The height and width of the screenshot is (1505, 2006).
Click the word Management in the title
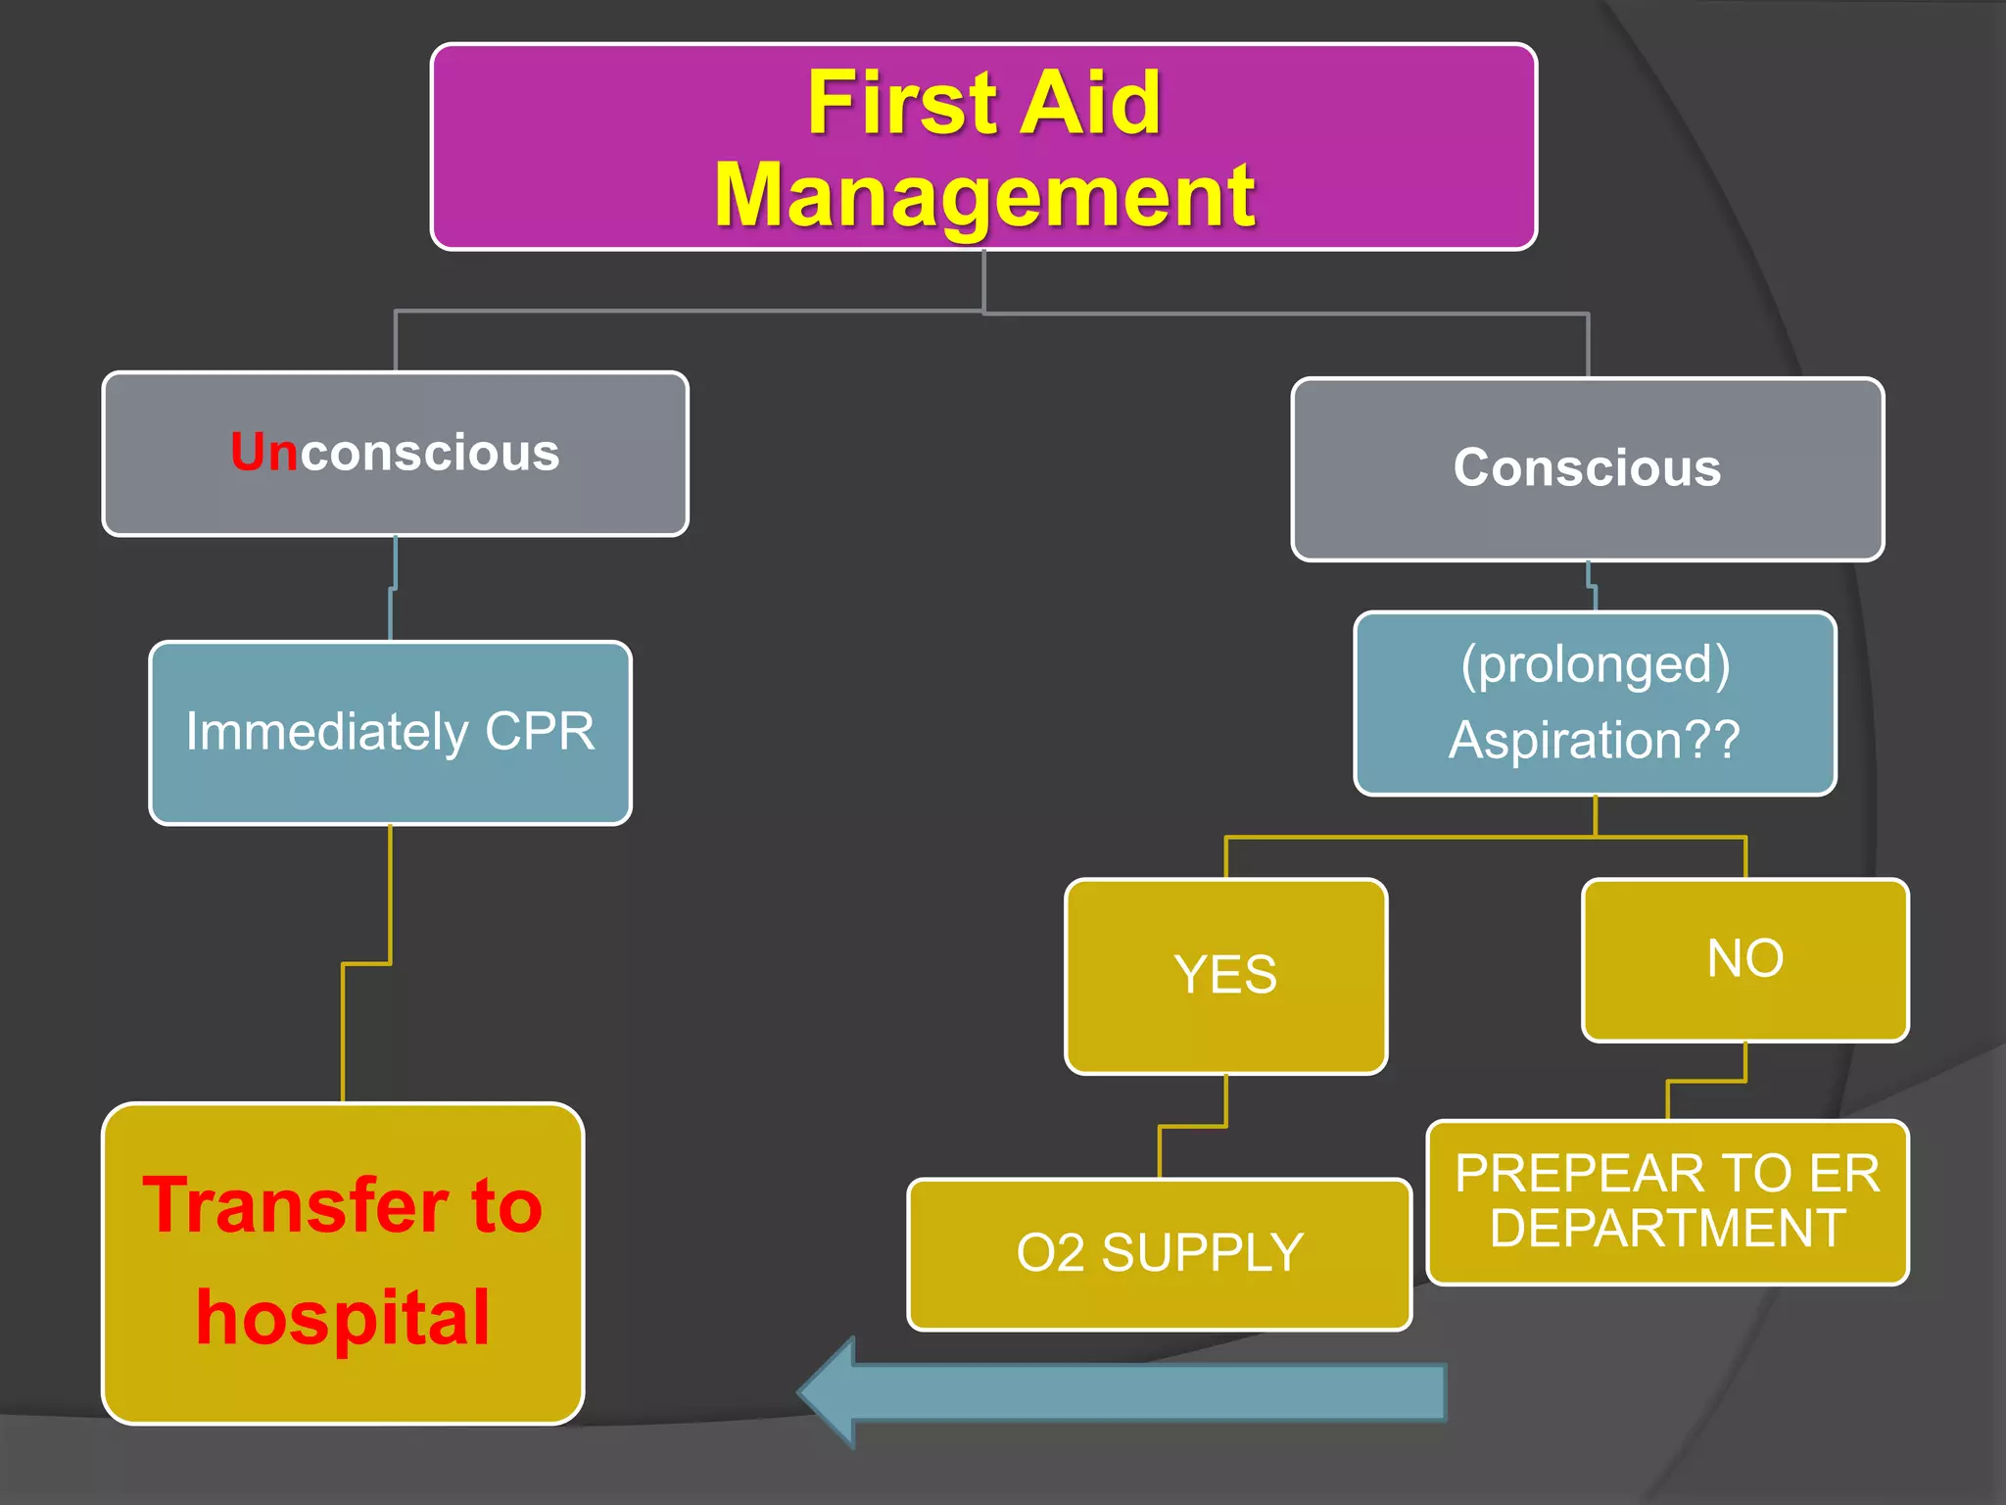pyautogui.click(x=983, y=196)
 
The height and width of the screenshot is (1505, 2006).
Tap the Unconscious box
pyautogui.click(x=396, y=454)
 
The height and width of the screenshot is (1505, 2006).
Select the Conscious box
pyautogui.click(x=1587, y=468)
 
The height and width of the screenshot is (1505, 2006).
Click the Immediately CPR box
pyautogui.click(x=390, y=733)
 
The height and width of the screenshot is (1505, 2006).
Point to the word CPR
pyautogui.click(x=540, y=732)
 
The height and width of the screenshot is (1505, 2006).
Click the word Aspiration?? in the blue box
pyautogui.click(x=1594, y=740)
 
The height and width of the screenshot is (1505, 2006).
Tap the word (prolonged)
pyautogui.click(x=1595, y=664)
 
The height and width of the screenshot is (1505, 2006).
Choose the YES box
pyautogui.click(x=1225, y=976)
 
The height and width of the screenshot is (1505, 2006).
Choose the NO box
pyautogui.click(x=1744, y=959)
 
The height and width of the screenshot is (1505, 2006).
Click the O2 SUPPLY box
pyautogui.click(x=1159, y=1253)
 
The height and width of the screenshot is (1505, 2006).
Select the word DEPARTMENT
pyautogui.click(x=1667, y=1229)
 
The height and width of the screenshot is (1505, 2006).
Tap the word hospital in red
pyautogui.click(x=343, y=1318)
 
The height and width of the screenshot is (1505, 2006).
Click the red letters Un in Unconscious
pyautogui.click(x=263, y=453)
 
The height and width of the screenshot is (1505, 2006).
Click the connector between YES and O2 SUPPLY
pyautogui.click(x=1193, y=1127)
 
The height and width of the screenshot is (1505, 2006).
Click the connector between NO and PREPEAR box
pyautogui.click(x=1706, y=1082)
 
